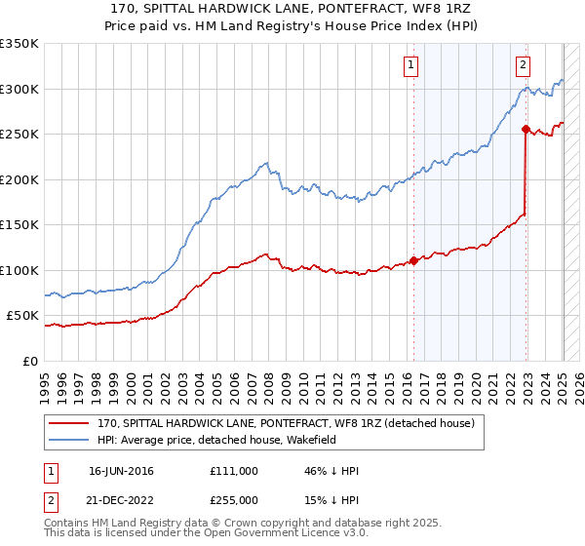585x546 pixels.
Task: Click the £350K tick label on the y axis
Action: [19, 44]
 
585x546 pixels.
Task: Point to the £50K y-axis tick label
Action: [22, 316]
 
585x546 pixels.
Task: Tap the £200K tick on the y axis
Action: [19, 179]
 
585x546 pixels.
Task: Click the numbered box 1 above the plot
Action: [410, 65]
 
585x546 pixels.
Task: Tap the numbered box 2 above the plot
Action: [523, 65]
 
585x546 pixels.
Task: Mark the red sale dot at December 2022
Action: [526, 129]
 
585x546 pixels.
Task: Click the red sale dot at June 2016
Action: [413, 260]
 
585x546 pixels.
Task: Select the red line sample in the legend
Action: [69, 423]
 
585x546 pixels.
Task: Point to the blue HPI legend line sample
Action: [69, 440]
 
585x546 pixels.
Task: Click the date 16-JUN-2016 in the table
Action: [121, 471]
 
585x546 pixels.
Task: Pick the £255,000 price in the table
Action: [234, 500]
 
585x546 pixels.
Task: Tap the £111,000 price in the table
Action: [234, 471]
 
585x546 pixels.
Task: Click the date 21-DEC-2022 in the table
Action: [121, 500]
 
